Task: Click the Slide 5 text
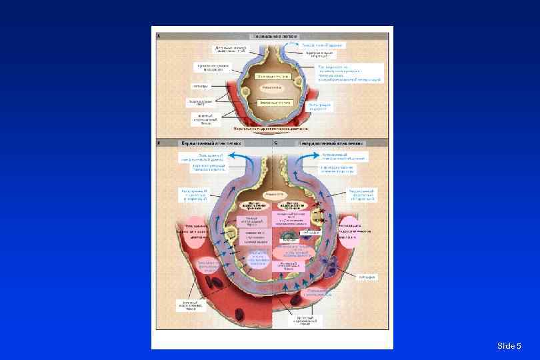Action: point(509,345)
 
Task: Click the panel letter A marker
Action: point(157,36)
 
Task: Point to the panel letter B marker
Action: point(158,143)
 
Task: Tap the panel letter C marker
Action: point(276,143)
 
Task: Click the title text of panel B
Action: point(211,143)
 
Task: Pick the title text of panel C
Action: point(327,143)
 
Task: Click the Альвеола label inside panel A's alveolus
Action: point(271,87)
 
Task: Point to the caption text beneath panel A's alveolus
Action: point(271,129)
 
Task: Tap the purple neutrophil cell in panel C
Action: point(331,269)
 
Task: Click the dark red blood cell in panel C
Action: point(294,302)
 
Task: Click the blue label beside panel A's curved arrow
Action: point(322,45)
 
